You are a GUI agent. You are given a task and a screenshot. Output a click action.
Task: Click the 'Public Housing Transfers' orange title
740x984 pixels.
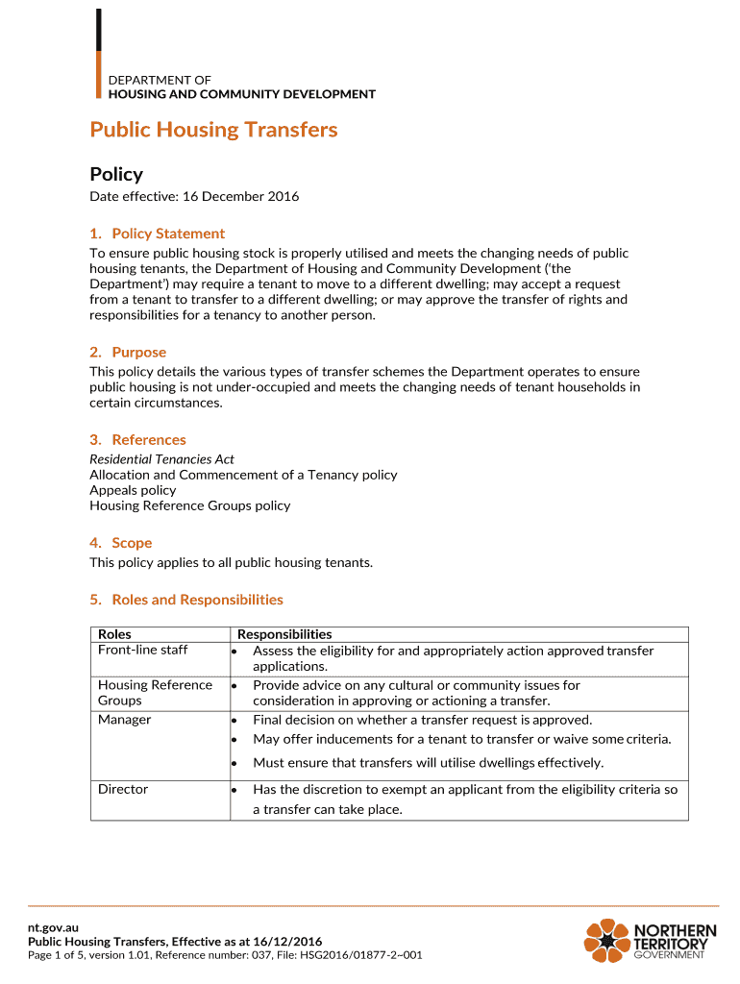213,130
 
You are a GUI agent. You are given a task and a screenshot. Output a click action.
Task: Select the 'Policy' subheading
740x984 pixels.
116,174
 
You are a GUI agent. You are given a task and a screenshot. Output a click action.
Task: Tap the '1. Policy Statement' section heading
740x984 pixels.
158,234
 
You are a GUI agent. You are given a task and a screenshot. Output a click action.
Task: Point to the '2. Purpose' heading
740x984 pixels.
128,353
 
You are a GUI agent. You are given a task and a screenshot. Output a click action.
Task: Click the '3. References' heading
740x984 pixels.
137,440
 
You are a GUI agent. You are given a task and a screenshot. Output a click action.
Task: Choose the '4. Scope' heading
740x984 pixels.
121,543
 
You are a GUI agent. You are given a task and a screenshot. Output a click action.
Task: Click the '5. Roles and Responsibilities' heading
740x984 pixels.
186,600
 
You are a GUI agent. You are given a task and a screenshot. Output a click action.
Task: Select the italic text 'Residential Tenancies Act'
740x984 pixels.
161,459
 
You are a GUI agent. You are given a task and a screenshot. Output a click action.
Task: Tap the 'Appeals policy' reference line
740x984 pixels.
133,490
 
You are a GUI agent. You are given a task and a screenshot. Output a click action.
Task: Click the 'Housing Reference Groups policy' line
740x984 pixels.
189,505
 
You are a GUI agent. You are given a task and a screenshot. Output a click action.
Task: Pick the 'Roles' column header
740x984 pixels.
114,634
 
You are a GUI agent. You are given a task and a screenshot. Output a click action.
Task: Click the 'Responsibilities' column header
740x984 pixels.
284,634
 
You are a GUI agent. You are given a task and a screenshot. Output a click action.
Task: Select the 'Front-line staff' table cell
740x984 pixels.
142,651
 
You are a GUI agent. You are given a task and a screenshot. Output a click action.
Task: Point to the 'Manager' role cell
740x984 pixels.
124,720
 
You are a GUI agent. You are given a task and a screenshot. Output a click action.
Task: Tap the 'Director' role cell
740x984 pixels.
123,789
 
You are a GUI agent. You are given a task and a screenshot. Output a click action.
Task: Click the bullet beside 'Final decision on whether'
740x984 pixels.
234,721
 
